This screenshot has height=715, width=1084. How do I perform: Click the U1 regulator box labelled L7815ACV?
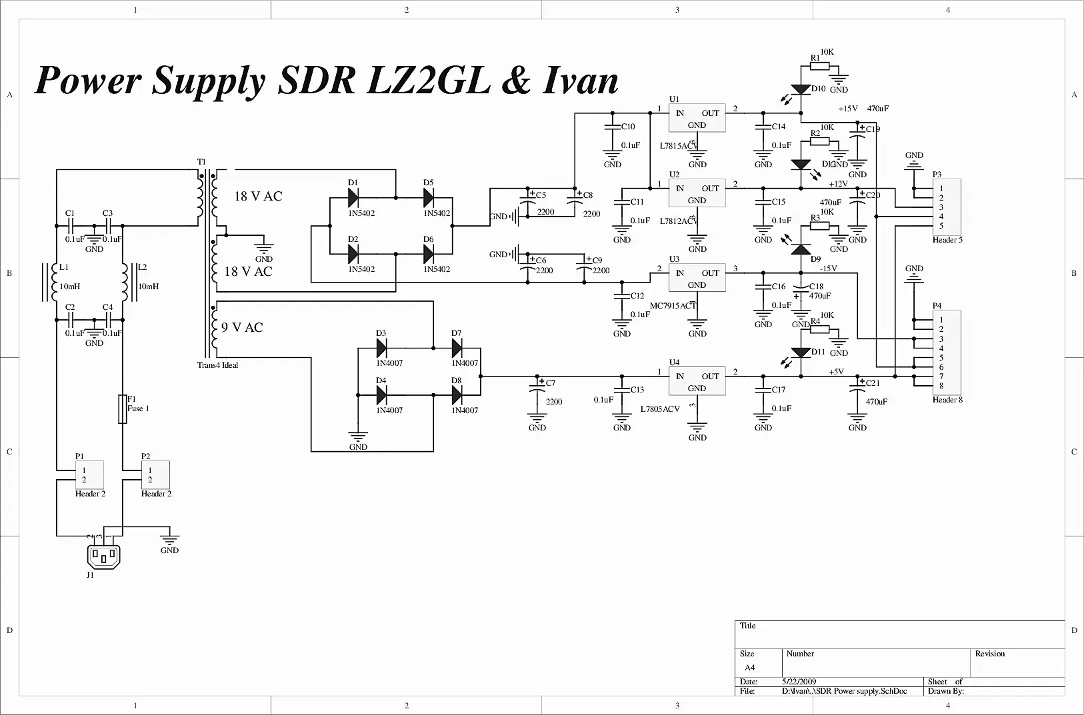pyautogui.click(x=697, y=118)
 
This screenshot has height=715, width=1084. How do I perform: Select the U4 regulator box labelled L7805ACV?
pyautogui.click(x=697, y=381)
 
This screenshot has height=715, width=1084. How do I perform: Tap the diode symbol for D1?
pyautogui.click(x=353, y=198)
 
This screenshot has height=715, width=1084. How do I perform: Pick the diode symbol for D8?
pyautogui.click(x=457, y=395)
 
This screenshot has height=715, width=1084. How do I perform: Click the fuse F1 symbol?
pyautogui.click(x=123, y=408)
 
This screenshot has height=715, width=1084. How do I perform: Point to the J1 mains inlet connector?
pyautogui.click(x=104, y=556)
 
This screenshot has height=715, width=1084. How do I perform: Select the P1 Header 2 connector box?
pyautogui.click(x=89, y=474)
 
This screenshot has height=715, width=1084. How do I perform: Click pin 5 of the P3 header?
pyautogui.click(x=941, y=226)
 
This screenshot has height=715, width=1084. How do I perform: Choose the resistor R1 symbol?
pyautogui.click(x=820, y=66)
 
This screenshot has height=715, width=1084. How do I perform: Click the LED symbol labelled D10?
pyautogui.click(x=801, y=89)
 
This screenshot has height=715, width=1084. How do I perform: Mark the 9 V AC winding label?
pyautogui.click(x=242, y=327)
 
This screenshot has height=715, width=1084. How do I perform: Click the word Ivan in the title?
pyautogui.click(x=581, y=81)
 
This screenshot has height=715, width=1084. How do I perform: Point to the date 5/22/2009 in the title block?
pyautogui.click(x=799, y=682)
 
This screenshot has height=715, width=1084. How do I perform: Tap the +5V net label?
pyautogui.click(x=836, y=372)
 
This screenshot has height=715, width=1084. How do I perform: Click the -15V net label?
pyautogui.click(x=828, y=269)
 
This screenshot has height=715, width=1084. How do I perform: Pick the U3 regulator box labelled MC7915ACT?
pyautogui.click(x=697, y=278)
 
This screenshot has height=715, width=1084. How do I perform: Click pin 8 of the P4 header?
pyautogui.click(x=941, y=386)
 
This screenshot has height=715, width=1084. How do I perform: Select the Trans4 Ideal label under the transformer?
pyautogui.click(x=217, y=365)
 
